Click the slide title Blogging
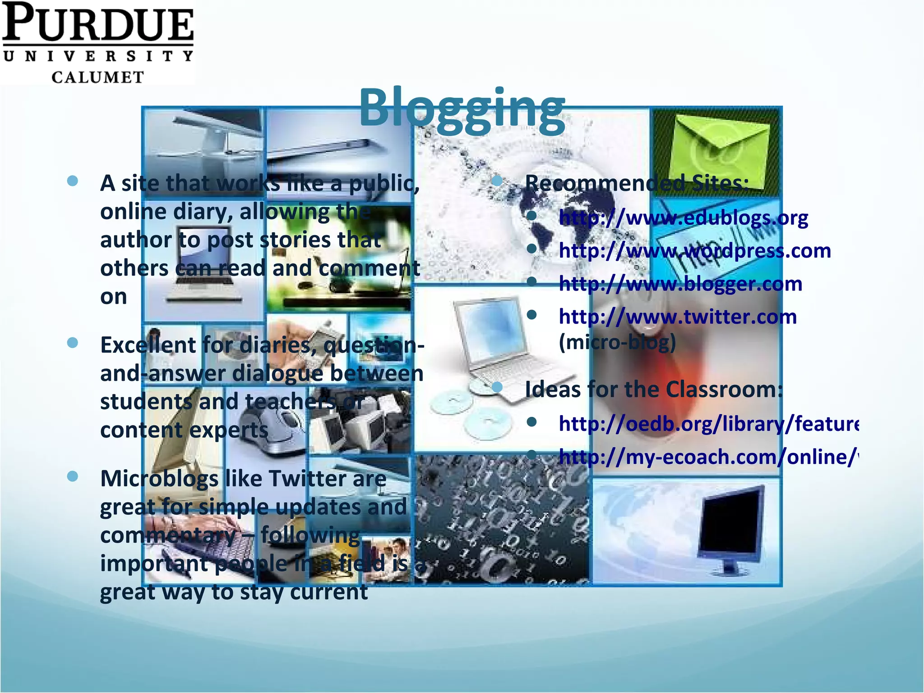(x=462, y=108)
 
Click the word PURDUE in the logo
(x=98, y=23)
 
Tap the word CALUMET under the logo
(x=98, y=77)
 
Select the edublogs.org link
(x=683, y=218)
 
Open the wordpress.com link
(x=694, y=251)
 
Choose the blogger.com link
(x=680, y=284)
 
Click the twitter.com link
(x=678, y=317)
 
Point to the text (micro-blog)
(x=617, y=342)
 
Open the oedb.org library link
(x=708, y=424)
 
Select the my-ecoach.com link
(x=708, y=457)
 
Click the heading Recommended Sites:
(x=637, y=183)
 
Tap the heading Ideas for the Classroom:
(x=654, y=389)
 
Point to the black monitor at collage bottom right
(x=730, y=526)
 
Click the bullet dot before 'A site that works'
(x=72, y=181)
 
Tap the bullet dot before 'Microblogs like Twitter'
(x=72, y=476)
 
